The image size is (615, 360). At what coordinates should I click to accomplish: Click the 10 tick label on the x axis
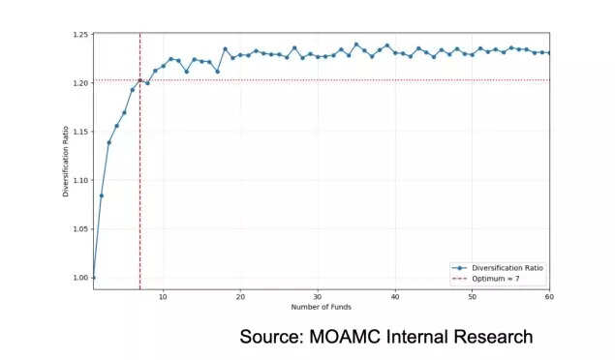click(x=163, y=296)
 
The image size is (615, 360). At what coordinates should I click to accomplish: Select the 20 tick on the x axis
click(x=240, y=296)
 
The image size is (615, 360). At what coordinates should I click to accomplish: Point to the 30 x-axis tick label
click(x=318, y=296)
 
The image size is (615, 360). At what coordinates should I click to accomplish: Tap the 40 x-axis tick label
click(x=395, y=296)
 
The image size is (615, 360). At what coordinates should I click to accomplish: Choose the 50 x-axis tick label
click(x=473, y=296)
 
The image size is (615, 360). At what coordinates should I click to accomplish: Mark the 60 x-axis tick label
click(x=548, y=296)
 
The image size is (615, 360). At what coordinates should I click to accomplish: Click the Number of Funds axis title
click(x=321, y=308)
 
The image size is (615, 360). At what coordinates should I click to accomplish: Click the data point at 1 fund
click(x=93, y=278)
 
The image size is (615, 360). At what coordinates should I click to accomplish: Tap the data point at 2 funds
click(x=101, y=195)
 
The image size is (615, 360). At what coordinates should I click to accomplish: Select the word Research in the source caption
click(x=491, y=337)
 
